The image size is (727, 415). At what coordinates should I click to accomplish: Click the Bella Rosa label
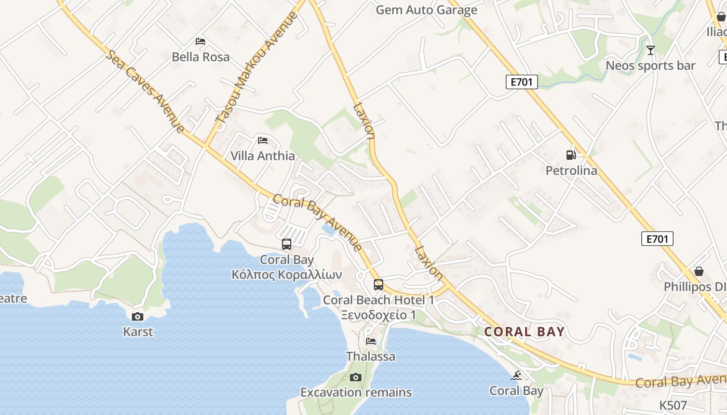pyautogui.click(x=200, y=57)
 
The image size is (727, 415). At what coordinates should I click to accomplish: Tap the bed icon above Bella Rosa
pyautogui.click(x=200, y=41)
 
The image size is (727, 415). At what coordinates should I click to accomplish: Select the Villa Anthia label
pyautogui.click(x=262, y=156)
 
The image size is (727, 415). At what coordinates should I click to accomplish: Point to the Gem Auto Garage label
pyautogui.click(x=426, y=10)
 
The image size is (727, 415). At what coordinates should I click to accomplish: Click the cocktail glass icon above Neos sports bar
pyautogui.click(x=650, y=50)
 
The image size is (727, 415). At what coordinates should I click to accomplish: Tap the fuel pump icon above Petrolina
pyautogui.click(x=571, y=155)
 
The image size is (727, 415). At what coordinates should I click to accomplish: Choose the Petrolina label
pyautogui.click(x=571, y=170)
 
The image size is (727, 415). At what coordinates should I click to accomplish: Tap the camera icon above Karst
pyautogui.click(x=138, y=316)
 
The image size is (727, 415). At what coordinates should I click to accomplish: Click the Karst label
pyautogui.click(x=138, y=331)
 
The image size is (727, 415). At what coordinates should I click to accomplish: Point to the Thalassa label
pyautogui.click(x=371, y=356)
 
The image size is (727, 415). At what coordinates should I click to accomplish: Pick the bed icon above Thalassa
pyautogui.click(x=371, y=341)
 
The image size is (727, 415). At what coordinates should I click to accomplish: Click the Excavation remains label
pyautogui.click(x=356, y=392)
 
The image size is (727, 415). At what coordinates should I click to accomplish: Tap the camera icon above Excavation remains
pyautogui.click(x=356, y=377)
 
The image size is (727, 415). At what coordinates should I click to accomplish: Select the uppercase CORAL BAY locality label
pyautogui.click(x=524, y=332)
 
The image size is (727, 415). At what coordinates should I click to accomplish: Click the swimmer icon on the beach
pyautogui.click(x=516, y=376)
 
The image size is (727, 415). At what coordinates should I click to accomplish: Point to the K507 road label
pyautogui.click(x=673, y=405)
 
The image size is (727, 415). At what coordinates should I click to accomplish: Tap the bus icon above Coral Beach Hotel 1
pyautogui.click(x=379, y=284)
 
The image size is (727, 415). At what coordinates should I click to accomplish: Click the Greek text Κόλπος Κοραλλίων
pyautogui.click(x=287, y=274)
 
